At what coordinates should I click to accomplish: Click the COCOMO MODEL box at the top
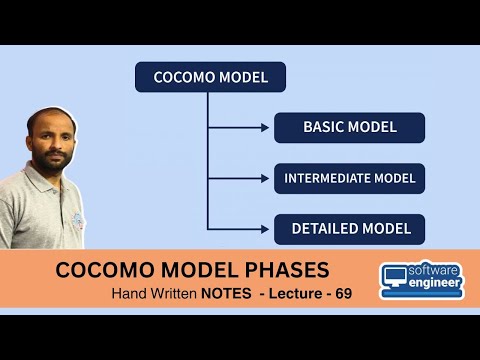[210, 77]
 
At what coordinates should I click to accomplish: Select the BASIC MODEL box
[350, 127]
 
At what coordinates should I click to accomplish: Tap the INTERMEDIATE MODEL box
[350, 179]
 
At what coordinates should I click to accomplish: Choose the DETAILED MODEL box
[350, 229]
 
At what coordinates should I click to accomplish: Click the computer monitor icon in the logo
[396, 281]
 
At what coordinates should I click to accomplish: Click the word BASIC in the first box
[326, 127]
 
